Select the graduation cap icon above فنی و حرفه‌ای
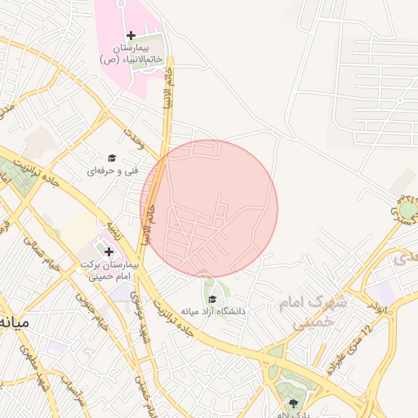[112, 158]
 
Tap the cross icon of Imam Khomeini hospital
[109, 251]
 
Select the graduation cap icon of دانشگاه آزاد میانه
[212, 299]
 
